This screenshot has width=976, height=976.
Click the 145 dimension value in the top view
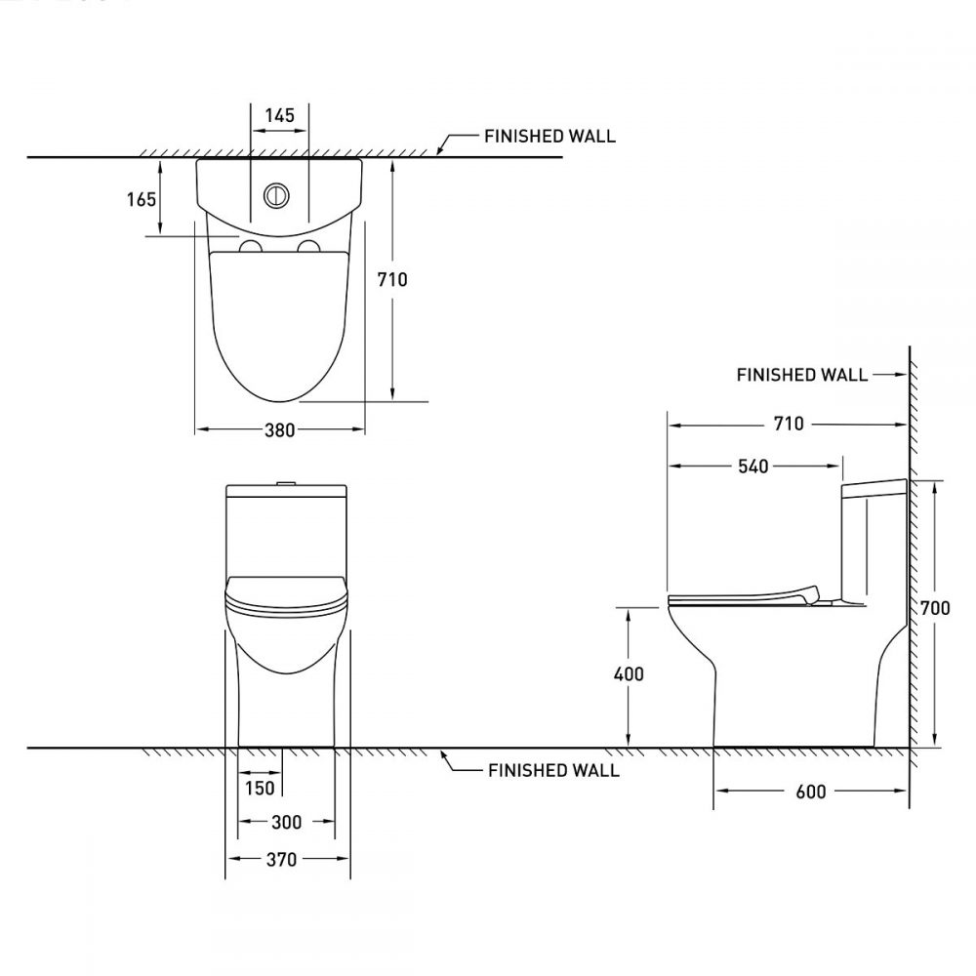click(279, 116)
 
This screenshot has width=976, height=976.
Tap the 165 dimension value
click(142, 199)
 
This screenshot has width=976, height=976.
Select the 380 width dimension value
click(279, 430)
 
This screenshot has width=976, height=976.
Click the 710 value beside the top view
click(392, 280)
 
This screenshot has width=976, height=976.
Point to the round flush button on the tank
click(276, 195)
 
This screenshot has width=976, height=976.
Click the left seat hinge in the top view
click(251, 247)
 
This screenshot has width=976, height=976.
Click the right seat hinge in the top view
click(308, 247)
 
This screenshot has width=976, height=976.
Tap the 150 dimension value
click(260, 788)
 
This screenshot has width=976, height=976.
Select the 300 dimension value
click(286, 822)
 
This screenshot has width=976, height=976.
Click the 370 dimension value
click(281, 860)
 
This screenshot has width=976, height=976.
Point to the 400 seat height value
click(629, 674)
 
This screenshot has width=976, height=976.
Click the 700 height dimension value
click(935, 607)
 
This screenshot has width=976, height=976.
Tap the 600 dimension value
click(811, 792)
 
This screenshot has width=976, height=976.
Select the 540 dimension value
click(753, 467)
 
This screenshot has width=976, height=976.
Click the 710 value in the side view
click(789, 424)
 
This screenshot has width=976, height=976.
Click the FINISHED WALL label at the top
click(549, 137)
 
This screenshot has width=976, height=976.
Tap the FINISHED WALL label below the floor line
click(553, 771)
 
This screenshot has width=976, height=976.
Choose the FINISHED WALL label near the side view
click(801, 375)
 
